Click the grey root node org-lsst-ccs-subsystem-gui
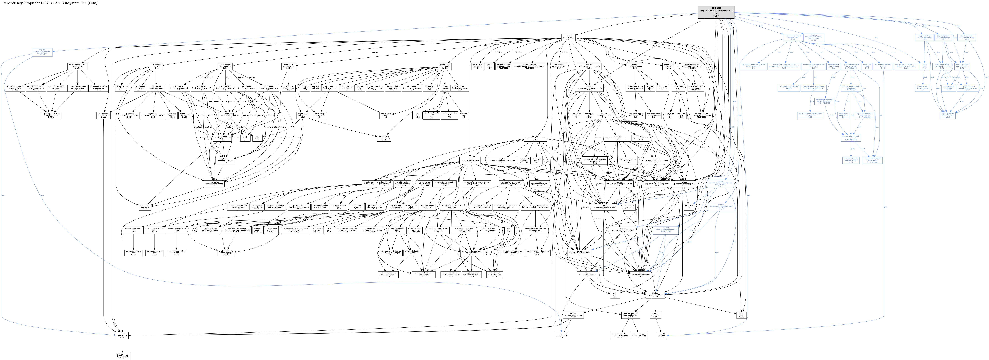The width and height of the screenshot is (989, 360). [716, 12]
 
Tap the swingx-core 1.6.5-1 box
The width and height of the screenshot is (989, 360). [78, 66]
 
